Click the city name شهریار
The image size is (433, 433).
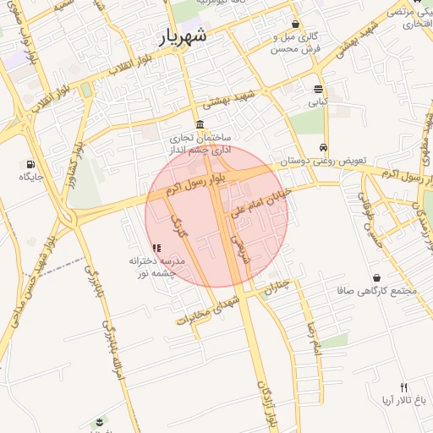[x=192, y=38]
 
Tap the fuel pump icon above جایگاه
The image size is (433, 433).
[x=31, y=163]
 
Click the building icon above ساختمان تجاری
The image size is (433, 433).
[x=200, y=124]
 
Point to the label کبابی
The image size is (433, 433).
[x=318, y=101]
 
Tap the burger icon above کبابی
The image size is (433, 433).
[x=318, y=89]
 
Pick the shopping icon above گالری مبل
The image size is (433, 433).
[x=294, y=24]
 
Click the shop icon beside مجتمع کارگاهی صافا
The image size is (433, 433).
[x=375, y=277]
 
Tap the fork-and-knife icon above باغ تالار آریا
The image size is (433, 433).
[x=403, y=386]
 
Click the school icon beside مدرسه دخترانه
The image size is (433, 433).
[x=156, y=248]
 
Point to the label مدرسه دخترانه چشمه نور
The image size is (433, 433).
[x=156, y=267]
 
